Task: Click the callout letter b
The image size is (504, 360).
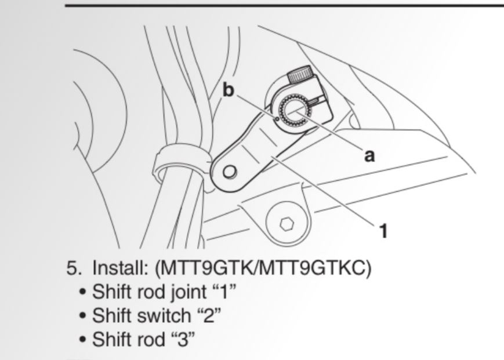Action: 229,91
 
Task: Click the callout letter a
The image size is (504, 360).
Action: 369,155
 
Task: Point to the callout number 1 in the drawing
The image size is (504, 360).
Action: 383,231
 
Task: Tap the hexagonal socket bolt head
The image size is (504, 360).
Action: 285,223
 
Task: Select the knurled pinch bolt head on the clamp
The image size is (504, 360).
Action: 300,75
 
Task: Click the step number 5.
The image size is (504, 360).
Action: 72,270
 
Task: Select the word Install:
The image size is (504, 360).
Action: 119,269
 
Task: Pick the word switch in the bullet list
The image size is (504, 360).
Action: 164,315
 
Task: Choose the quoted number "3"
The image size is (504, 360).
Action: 181,339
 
